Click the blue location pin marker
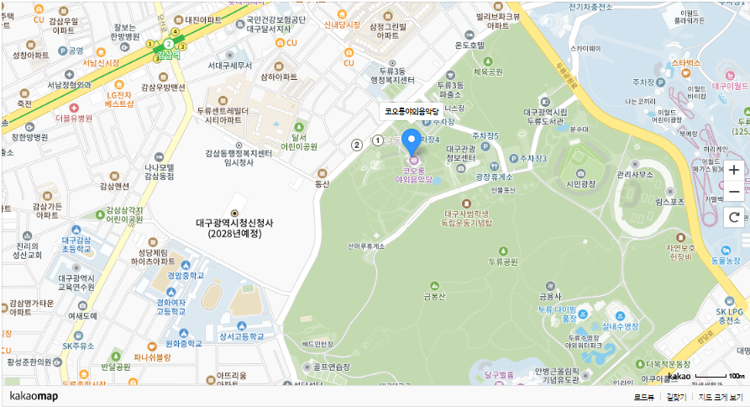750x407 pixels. pyautogui.click(x=411, y=140)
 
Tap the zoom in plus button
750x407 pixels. pyautogui.click(x=734, y=169)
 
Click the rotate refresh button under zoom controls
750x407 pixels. pyautogui.click(x=734, y=218)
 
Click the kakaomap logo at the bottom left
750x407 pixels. pyautogui.click(x=34, y=396)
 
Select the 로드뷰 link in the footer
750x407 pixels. pyautogui.click(x=643, y=397)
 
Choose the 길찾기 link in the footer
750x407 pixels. pyautogui.click(x=675, y=397)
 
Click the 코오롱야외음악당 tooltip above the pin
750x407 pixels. pyautogui.click(x=412, y=111)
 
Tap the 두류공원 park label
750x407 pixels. pyautogui.click(x=503, y=262)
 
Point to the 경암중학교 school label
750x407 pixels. pyautogui.click(x=186, y=275)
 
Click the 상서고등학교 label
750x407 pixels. pyautogui.click(x=241, y=336)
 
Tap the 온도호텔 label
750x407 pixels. pyautogui.click(x=469, y=45)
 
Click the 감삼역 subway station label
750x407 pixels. pyautogui.click(x=169, y=55)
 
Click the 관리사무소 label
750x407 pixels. pyautogui.click(x=636, y=175)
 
